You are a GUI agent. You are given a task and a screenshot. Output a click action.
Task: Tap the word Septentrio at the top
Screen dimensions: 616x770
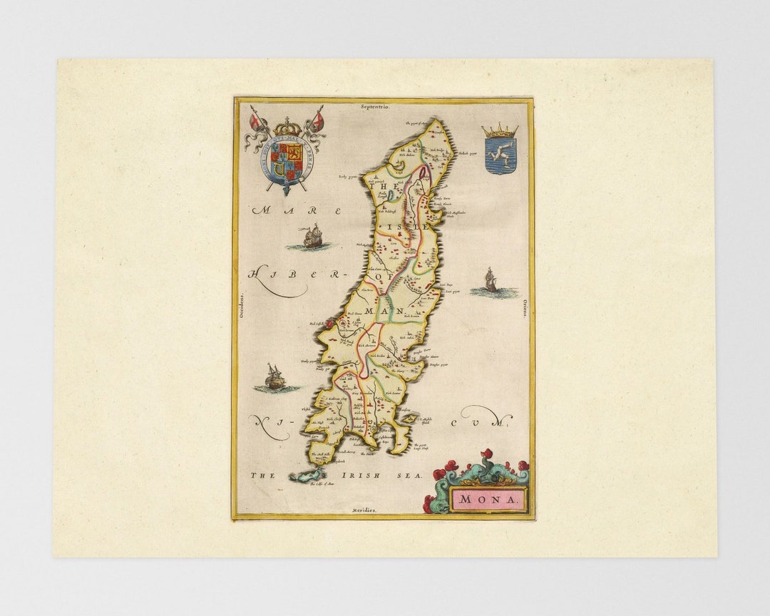point(375,106)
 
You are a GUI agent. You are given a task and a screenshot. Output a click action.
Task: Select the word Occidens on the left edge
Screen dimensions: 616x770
point(241,309)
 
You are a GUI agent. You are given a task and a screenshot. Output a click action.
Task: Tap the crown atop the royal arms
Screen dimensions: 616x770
point(288,123)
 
